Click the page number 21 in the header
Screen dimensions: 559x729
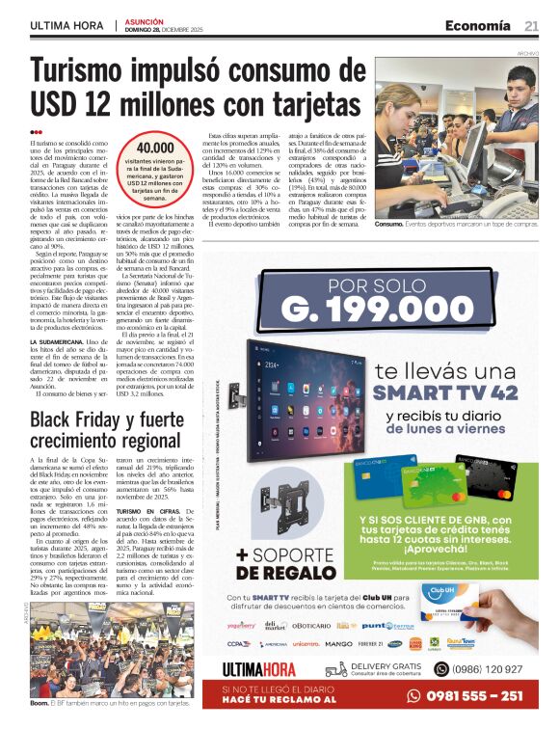tap(531, 25)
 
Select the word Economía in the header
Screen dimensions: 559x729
tap(476, 25)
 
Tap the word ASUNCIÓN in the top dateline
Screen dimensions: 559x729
tap(145, 20)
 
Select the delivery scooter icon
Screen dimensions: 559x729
tap(335, 669)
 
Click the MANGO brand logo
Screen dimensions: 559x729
tap(338, 643)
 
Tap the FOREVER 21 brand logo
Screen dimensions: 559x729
tap(370, 643)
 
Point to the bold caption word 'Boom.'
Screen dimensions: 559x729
tap(40, 705)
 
